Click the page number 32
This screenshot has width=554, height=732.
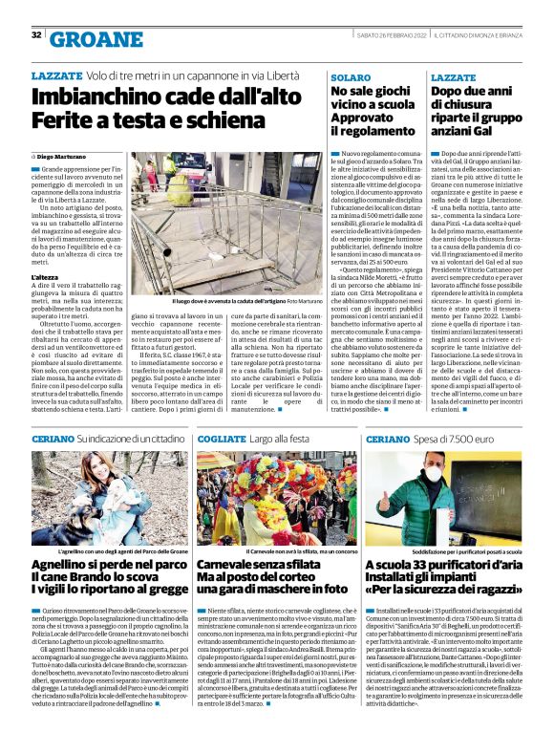pos(36,35)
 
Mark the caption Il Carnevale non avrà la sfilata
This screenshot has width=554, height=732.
pos(276,552)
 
